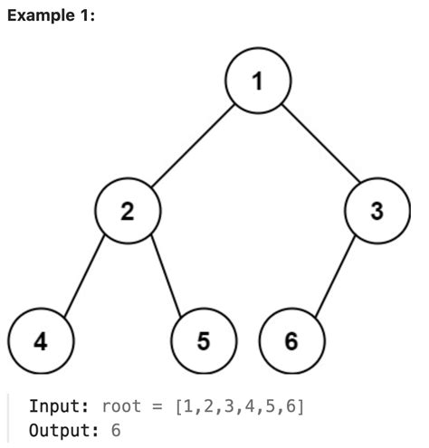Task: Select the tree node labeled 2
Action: (x=128, y=211)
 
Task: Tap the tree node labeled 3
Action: (x=377, y=211)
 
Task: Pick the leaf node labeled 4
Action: (x=40, y=341)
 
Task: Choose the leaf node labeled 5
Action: (x=204, y=341)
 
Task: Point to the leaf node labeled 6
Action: (x=291, y=341)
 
